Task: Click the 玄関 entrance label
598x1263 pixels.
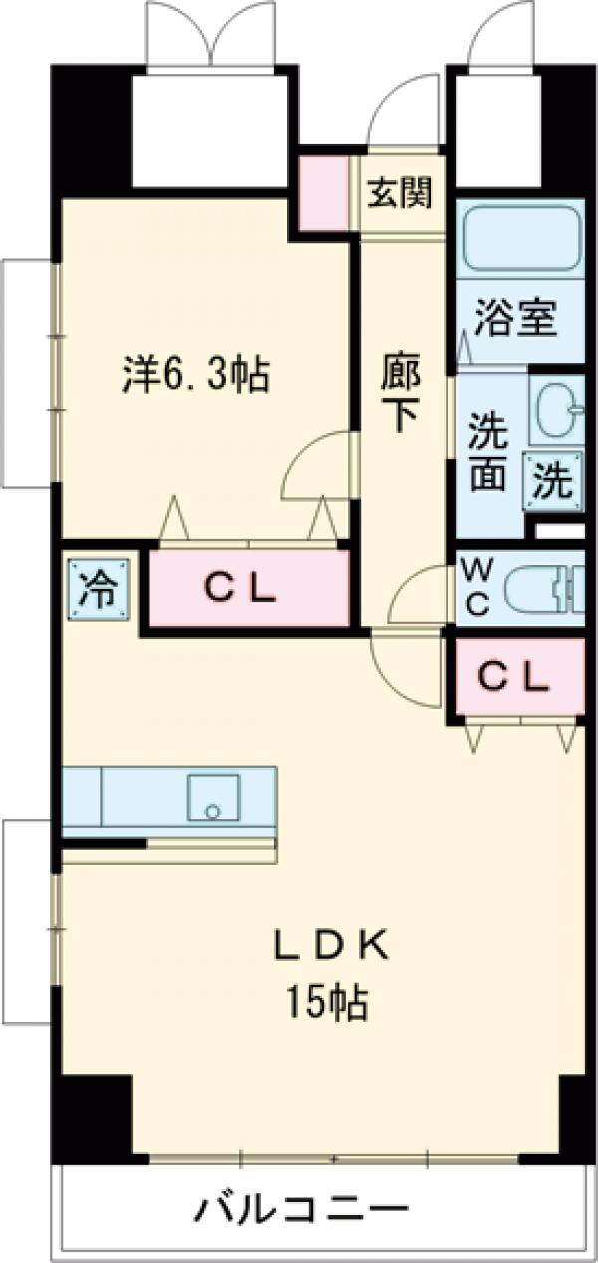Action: pos(402,193)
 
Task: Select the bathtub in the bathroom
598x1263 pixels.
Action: pos(521,239)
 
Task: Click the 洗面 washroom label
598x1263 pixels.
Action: pos(488,454)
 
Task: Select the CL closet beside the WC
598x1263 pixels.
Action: pos(514,678)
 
